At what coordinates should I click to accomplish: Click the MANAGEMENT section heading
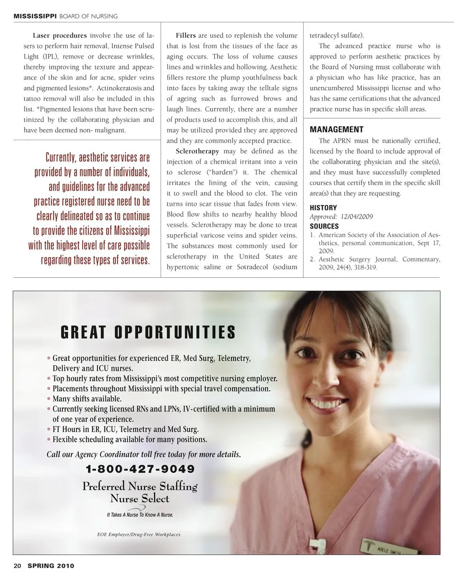click(337, 129)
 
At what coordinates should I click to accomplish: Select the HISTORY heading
click(323, 208)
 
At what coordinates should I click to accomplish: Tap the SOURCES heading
click(324, 226)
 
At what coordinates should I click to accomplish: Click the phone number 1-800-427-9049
click(140, 469)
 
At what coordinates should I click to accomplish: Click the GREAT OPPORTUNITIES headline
click(148, 333)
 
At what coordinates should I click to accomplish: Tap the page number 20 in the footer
click(17, 565)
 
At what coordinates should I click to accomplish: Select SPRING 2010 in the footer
click(51, 565)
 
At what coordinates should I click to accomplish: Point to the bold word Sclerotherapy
click(197, 151)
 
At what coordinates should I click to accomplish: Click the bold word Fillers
click(186, 35)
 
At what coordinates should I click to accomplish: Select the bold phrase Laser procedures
click(60, 35)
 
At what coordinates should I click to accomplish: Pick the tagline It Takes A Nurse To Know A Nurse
click(140, 514)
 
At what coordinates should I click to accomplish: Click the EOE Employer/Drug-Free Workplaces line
click(139, 534)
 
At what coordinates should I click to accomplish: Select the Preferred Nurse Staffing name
click(140, 486)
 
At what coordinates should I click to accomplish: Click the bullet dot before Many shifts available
click(49, 399)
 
